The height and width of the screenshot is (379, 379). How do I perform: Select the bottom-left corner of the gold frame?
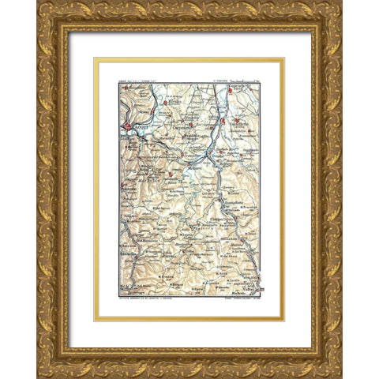(x=37, y=377)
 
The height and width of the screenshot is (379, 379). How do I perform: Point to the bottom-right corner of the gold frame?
(x=341, y=377)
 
